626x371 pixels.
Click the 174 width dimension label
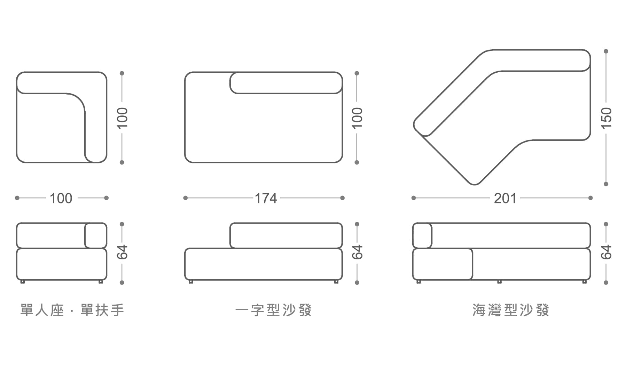tap(266, 198)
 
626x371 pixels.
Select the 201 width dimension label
tap(505, 198)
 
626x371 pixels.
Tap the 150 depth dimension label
tap(606, 118)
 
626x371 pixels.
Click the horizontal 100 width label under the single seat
tap(61, 198)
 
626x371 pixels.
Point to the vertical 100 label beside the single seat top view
tap(122, 118)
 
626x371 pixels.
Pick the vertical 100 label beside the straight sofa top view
tap(357, 118)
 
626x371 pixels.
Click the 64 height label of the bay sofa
tap(606, 252)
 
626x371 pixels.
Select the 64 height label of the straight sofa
tap(357, 252)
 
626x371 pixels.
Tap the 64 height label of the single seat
tap(122, 252)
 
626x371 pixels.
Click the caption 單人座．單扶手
tap(72, 310)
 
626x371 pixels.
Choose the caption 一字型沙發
tap(273, 310)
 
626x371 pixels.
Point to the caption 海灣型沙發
tap(511, 310)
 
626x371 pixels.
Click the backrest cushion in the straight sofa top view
tap(286, 83)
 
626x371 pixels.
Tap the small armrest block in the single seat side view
tap(96, 235)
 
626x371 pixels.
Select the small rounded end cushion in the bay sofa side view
tap(422, 235)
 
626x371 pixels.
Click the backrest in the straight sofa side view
tap(286, 235)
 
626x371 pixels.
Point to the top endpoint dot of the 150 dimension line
tap(606, 51)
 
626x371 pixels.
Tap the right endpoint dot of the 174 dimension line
tap(342, 198)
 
